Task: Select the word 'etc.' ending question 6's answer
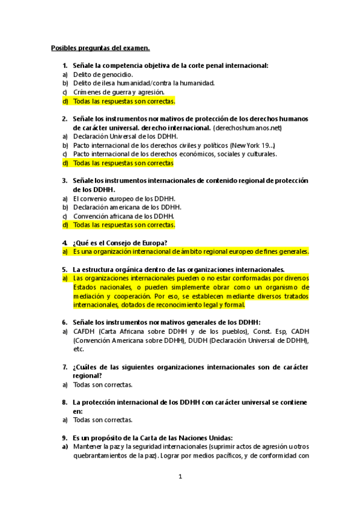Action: click(79, 349)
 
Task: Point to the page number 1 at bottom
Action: click(180, 477)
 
